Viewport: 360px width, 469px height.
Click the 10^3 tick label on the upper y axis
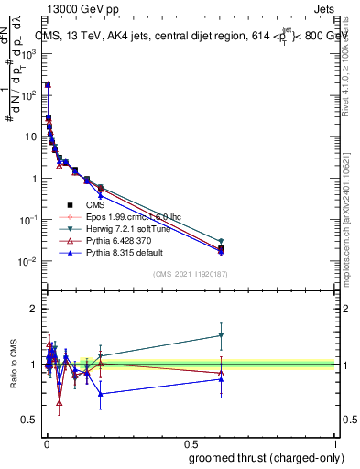30,53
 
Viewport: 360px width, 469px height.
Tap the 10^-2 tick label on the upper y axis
30,261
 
